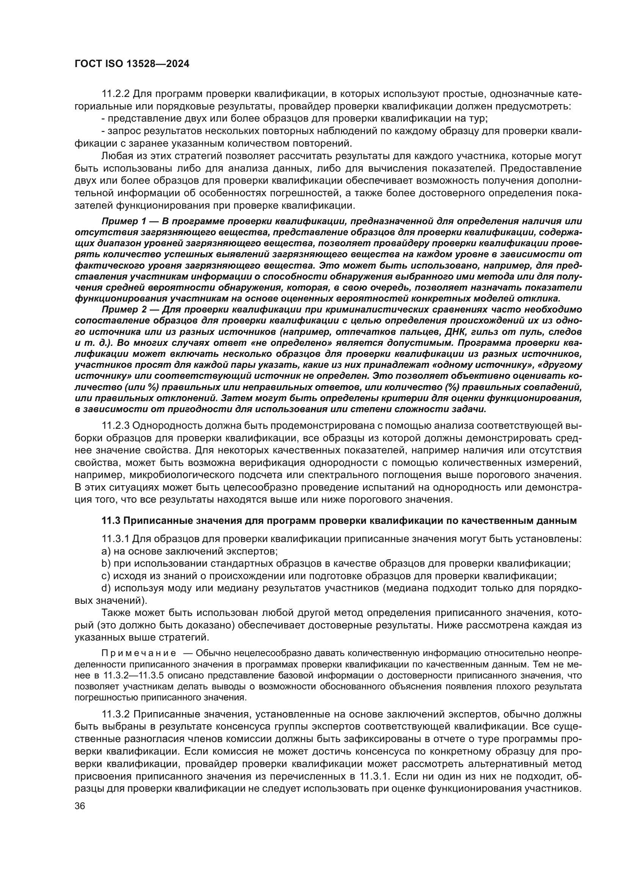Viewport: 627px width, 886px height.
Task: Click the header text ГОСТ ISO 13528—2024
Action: pyautogui.click(x=132, y=64)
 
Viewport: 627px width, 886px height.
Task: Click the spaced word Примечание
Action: pyautogui.click(x=139, y=653)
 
